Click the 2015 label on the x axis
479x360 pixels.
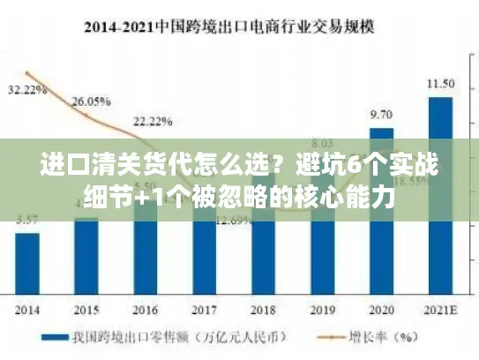tap(86, 310)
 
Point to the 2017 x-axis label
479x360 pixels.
tap(204, 310)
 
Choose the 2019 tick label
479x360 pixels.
tap(322, 310)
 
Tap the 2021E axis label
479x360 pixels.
tap(440, 310)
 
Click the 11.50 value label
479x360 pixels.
tap(440, 84)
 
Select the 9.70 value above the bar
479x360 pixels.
tap(381, 115)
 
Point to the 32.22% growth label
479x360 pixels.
tap(27, 90)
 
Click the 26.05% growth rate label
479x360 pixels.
tap(90, 102)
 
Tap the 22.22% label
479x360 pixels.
tap(153, 121)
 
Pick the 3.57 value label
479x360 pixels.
tap(27, 220)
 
